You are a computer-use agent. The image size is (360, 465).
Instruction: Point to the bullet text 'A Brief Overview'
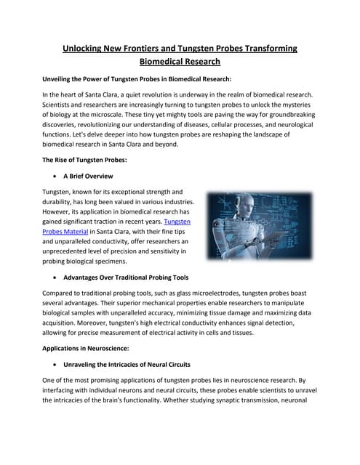88,176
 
